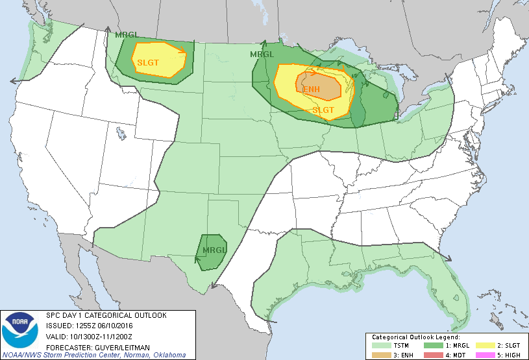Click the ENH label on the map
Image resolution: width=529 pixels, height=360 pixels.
tap(311, 90)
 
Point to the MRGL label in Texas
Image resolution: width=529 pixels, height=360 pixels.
tap(214, 250)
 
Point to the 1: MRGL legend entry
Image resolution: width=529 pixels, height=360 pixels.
tap(443, 346)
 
